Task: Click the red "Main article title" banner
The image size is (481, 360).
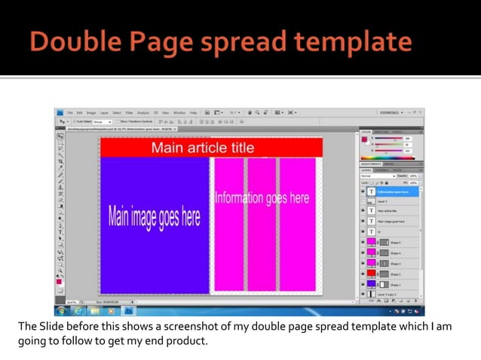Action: (211, 148)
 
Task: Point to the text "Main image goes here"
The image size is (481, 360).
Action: (155, 218)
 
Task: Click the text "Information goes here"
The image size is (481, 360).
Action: (262, 198)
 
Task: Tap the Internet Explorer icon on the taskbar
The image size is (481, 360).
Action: (78, 310)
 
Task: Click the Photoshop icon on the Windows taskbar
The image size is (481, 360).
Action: (129, 310)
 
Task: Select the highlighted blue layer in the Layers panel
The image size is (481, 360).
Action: (392, 191)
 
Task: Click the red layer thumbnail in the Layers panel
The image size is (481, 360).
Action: (371, 274)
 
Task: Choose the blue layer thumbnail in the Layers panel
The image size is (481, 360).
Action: (371, 285)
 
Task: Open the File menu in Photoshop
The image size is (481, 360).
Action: (69, 113)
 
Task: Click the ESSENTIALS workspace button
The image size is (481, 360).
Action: (392, 112)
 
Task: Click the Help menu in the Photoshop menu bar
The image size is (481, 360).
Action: (193, 113)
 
